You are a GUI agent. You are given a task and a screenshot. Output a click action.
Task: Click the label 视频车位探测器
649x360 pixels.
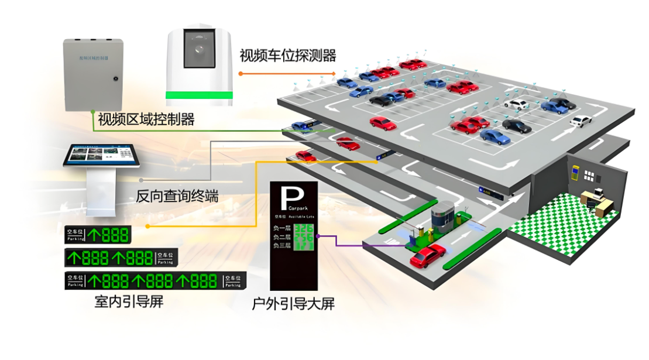pos(288,56)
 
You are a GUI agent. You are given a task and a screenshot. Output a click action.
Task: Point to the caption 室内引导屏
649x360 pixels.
pos(128,302)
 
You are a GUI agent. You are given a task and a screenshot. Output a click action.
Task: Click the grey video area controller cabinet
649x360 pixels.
pos(93,74)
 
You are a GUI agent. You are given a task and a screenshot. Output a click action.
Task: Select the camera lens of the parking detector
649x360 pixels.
pos(200,49)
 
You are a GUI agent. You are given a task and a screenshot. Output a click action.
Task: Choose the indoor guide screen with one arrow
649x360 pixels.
pos(98,235)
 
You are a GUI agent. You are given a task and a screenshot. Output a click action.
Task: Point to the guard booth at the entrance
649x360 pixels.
pos(443,220)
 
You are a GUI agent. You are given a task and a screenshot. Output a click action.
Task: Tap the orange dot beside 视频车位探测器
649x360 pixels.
pos(240,74)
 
